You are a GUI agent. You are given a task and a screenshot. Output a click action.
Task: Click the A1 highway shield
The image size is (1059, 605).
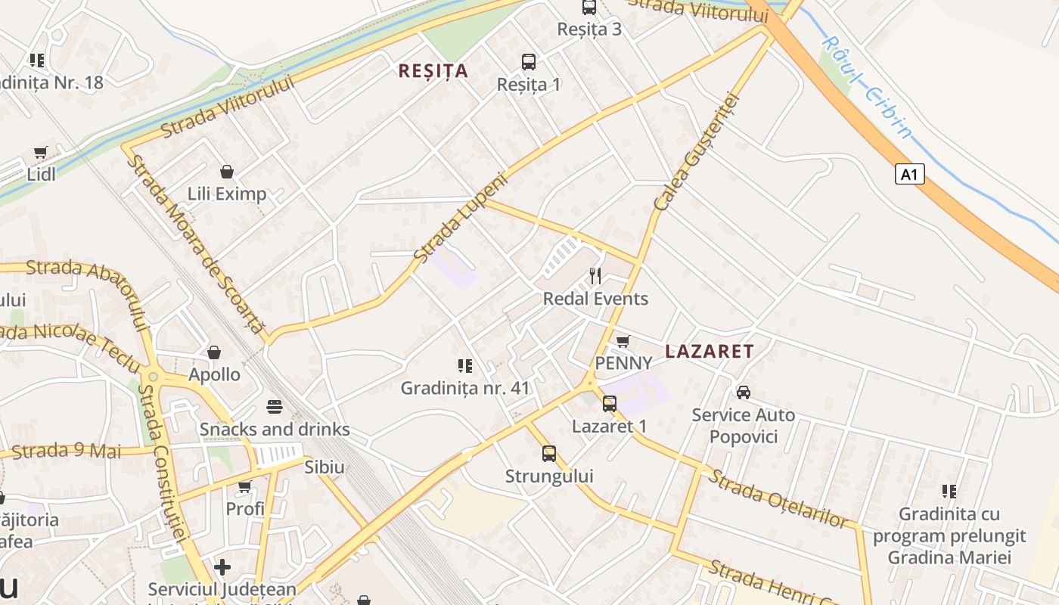click(x=910, y=175)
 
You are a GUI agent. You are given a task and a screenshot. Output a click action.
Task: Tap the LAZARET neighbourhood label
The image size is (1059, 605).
click(x=710, y=351)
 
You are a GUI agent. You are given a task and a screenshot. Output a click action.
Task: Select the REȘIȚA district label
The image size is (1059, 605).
click(x=433, y=71)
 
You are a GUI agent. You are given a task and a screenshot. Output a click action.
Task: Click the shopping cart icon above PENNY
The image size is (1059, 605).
click(x=623, y=342)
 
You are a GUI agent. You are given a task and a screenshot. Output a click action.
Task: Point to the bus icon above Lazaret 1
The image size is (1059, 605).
click(x=610, y=404)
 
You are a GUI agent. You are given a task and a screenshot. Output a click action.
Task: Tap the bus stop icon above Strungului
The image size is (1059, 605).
click(x=549, y=454)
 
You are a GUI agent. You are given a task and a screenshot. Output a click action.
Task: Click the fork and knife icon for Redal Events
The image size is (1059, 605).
click(x=595, y=276)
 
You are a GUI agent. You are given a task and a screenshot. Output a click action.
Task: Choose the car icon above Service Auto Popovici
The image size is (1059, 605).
click(x=744, y=392)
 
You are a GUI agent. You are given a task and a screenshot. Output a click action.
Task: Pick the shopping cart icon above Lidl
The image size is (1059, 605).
click(x=41, y=152)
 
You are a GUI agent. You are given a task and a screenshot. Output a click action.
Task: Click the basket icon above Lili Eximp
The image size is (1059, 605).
click(x=226, y=172)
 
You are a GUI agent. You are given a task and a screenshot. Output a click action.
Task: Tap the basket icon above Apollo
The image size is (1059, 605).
click(x=214, y=352)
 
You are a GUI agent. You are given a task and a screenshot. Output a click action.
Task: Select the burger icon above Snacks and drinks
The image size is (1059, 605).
click(x=274, y=408)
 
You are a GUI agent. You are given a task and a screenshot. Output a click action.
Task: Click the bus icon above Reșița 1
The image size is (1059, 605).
click(x=529, y=62)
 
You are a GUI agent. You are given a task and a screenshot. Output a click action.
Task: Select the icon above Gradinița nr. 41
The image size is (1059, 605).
click(x=465, y=366)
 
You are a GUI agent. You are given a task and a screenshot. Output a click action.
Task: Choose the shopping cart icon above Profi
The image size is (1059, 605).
click(x=244, y=486)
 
